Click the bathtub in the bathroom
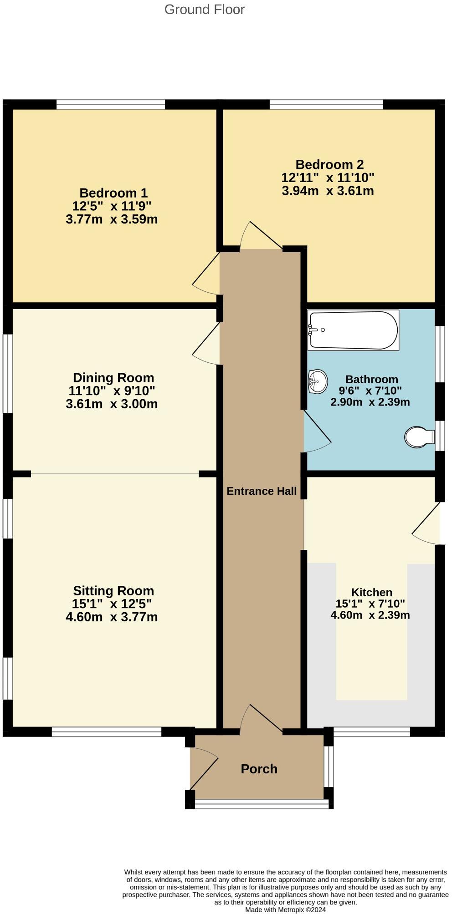pyautogui.click(x=353, y=330)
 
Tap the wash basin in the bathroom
pyautogui.click(x=318, y=381)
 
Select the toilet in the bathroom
pyautogui.click(x=420, y=437)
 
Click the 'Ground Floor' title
pyautogui.click(x=205, y=10)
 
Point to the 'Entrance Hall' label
pyautogui.click(x=262, y=491)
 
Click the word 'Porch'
pyautogui.click(x=259, y=769)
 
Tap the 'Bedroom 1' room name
pyautogui.click(x=113, y=193)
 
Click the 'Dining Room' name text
pyautogui.click(x=113, y=378)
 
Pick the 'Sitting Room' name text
pyautogui.click(x=113, y=591)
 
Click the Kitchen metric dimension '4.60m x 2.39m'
pyautogui.click(x=370, y=615)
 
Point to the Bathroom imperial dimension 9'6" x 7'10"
pyautogui.click(x=370, y=391)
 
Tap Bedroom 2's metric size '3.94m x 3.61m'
pyautogui.click(x=328, y=191)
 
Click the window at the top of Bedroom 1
pyautogui.click(x=111, y=105)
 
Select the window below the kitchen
pyautogui.click(x=371, y=731)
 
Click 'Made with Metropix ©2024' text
pyautogui.click(x=286, y=910)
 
